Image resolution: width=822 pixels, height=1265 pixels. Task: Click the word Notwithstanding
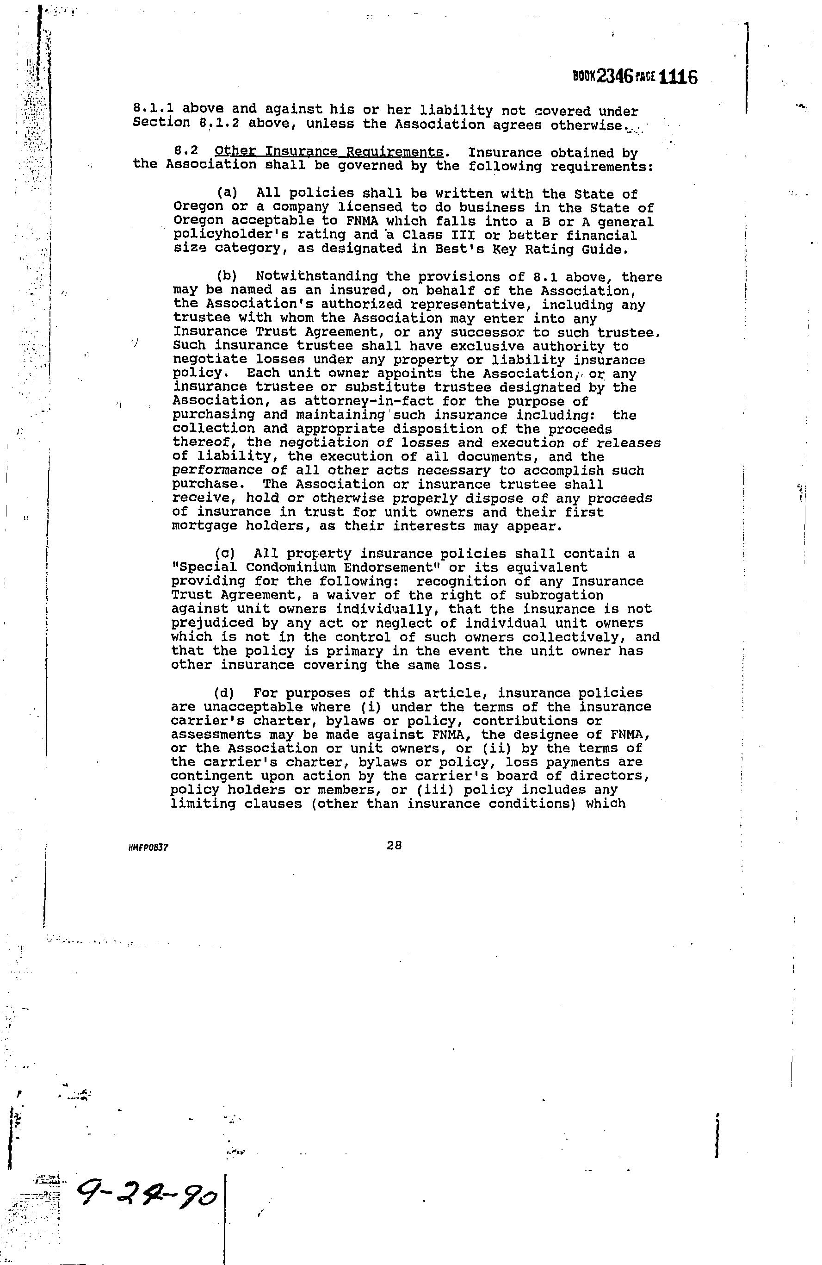coord(317,277)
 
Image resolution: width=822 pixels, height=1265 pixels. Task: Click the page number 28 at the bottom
coord(394,845)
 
